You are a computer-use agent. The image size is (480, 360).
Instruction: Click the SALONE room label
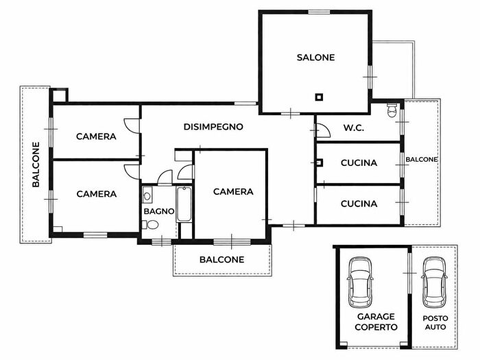tap(315, 58)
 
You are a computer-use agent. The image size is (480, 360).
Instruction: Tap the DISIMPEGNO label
tap(214, 127)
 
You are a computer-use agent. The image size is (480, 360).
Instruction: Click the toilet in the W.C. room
tap(392, 110)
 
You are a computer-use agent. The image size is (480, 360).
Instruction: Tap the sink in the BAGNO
tap(147, 196)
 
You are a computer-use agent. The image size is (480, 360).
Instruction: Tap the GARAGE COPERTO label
tap(376, 322)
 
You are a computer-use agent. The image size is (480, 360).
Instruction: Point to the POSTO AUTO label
tap(434, 323)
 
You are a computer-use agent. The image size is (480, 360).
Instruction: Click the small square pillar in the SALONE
tap(318, 97)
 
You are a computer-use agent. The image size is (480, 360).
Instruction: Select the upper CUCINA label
tap(359, 163)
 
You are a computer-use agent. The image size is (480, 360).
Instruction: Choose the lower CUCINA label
tap(359, 204)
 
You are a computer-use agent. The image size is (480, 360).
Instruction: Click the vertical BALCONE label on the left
tap(36, 165)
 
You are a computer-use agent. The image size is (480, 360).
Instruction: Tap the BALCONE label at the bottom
tap(221, 260)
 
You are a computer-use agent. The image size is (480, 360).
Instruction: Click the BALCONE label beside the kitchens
tap(421, 160)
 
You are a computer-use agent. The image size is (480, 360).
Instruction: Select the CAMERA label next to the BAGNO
tap(233, 192)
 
